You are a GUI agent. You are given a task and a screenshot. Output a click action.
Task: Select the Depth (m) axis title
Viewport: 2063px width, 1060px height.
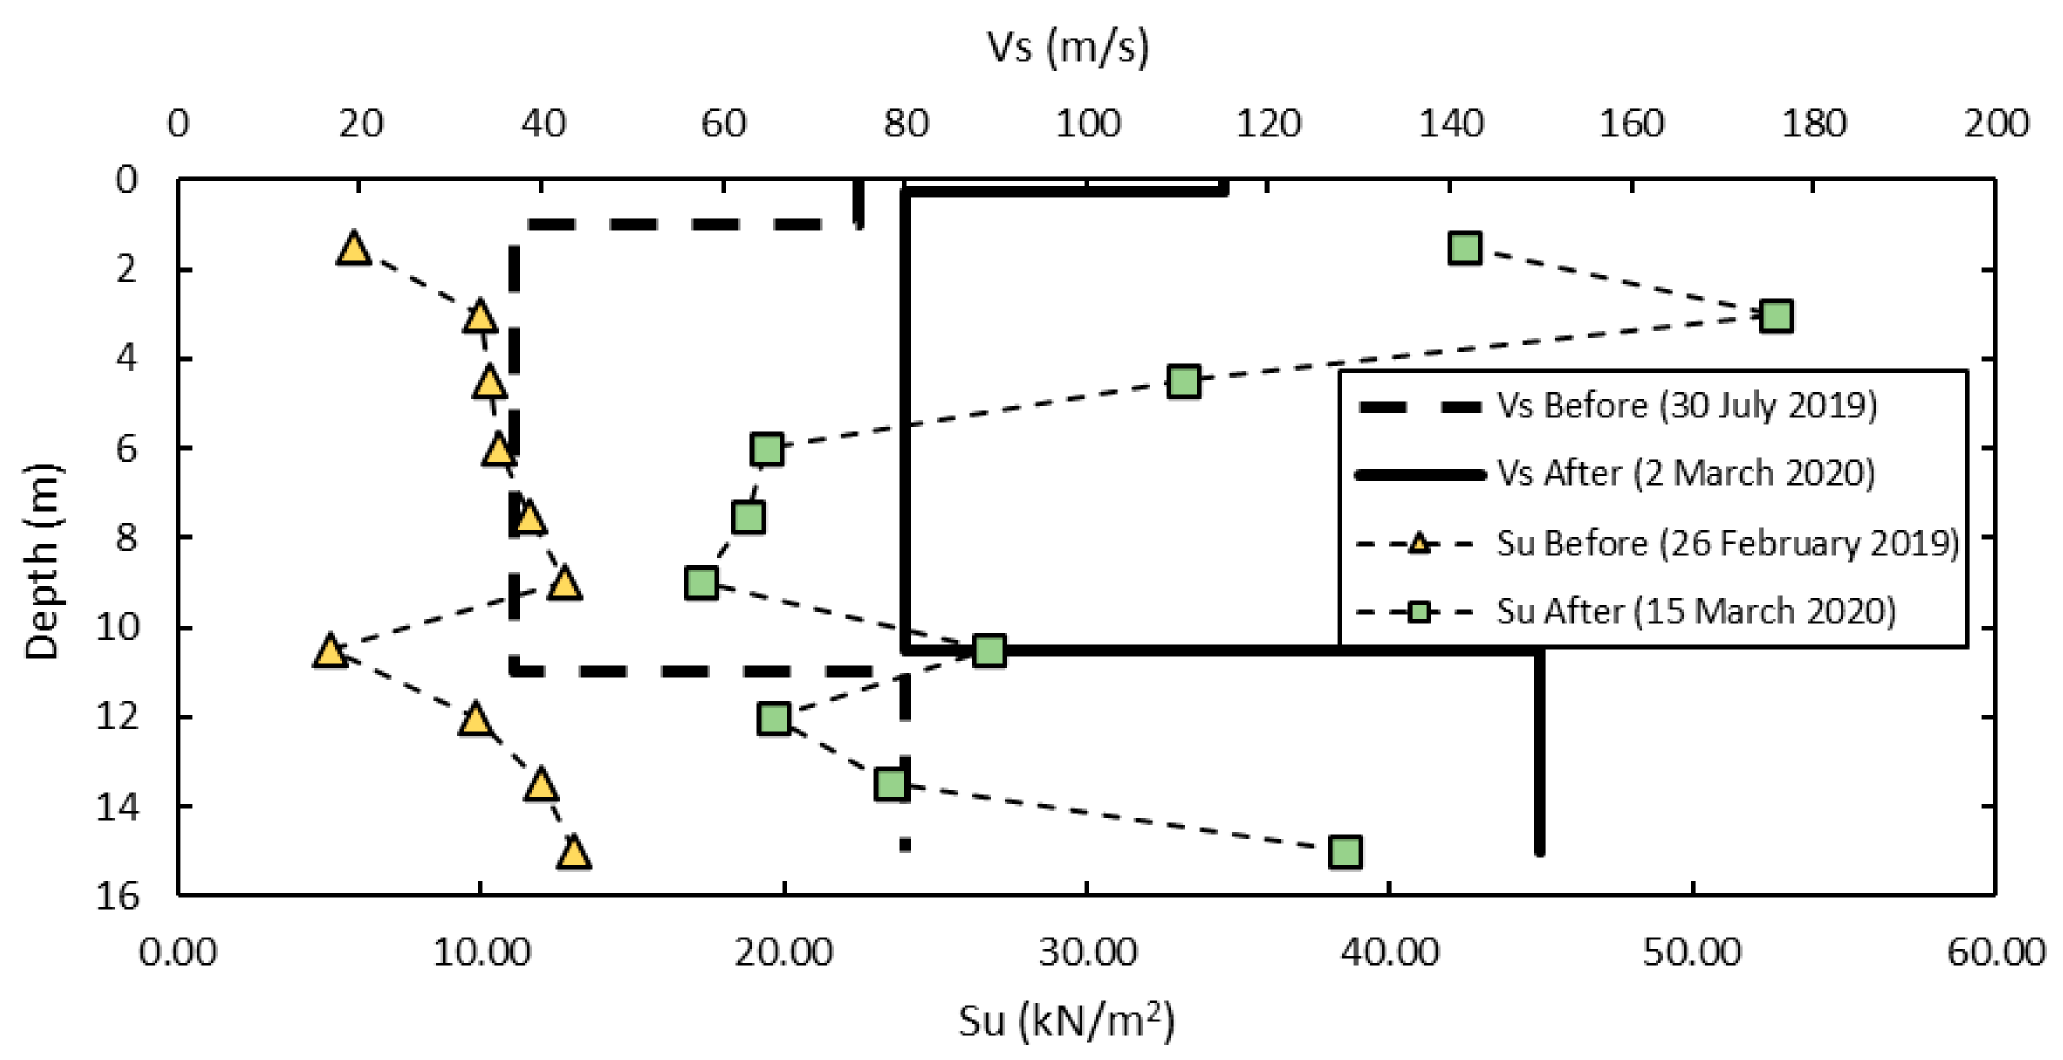42,560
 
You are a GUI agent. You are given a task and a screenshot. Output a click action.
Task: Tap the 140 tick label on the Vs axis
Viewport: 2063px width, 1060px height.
1450,124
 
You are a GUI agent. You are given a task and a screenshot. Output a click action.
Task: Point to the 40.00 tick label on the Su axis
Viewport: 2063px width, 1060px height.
1390,953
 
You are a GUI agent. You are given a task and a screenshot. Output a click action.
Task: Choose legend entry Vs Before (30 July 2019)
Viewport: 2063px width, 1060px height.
1686,406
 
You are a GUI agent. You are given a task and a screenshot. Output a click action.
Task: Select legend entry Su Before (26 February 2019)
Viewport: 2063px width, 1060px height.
1726,544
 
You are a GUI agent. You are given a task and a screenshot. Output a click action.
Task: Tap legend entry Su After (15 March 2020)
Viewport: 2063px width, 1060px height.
1695,612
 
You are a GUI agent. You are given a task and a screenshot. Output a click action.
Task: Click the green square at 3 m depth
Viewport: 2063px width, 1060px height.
1776,315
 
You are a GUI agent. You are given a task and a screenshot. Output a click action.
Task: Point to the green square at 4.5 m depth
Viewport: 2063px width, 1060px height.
1184,382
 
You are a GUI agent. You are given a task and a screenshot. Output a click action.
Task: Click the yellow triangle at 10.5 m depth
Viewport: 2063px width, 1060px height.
330,651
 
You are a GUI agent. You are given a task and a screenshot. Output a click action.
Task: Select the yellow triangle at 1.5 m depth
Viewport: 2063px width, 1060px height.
354,248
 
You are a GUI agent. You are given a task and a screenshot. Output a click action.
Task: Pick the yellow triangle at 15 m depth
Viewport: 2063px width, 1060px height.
574,853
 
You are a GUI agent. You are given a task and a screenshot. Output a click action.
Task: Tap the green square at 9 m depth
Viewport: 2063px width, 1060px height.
701,583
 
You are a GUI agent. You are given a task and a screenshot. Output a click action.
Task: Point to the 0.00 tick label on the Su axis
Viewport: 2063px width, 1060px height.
178,953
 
